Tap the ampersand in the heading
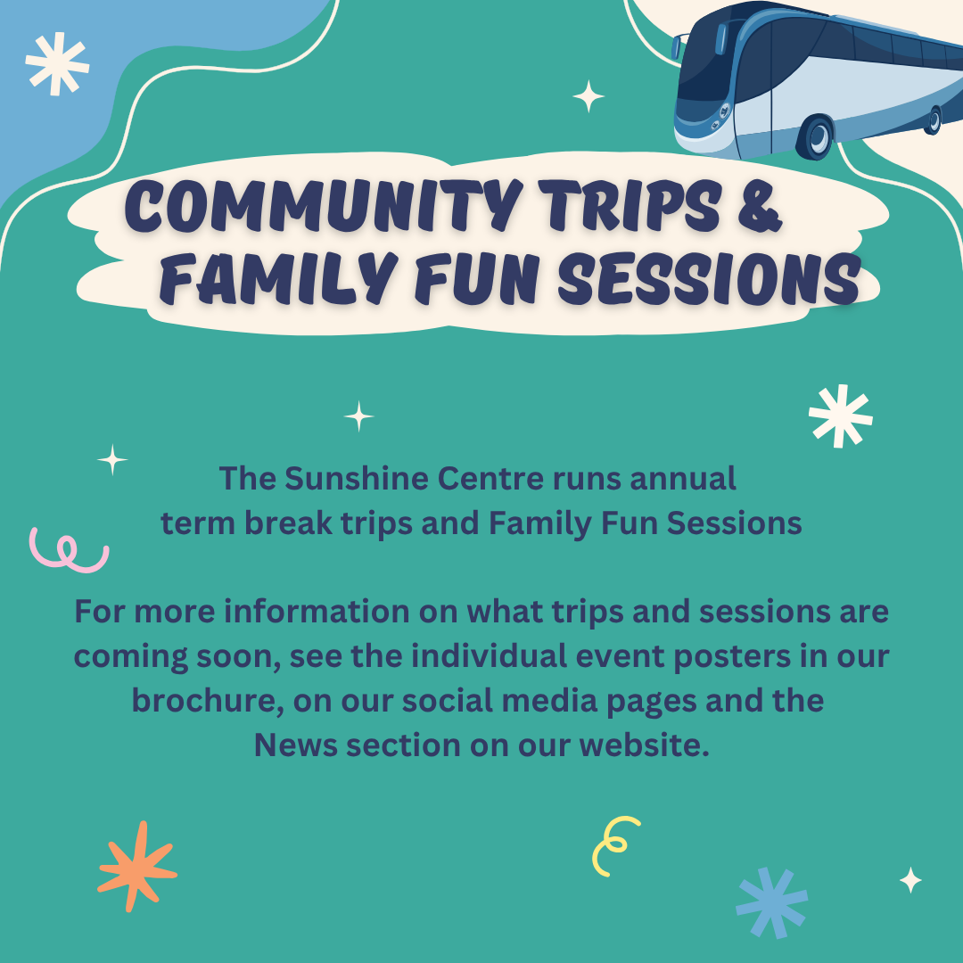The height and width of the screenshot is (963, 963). pos(760,204)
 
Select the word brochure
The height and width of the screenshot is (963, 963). pos(208,701)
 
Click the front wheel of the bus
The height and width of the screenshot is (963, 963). pos(816,137)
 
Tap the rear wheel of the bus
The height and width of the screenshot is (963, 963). pos(933,120)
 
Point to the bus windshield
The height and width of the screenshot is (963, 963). pos(706,62)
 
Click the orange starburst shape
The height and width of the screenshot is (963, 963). pos(137,867)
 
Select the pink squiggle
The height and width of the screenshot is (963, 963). pos(69,551)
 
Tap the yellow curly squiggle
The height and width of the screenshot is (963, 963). pos(614,845)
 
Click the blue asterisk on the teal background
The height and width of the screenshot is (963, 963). pos(772,902)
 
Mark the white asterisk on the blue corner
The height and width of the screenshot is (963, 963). pos(57,64)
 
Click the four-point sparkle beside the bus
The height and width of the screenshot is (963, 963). pos(588,96)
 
